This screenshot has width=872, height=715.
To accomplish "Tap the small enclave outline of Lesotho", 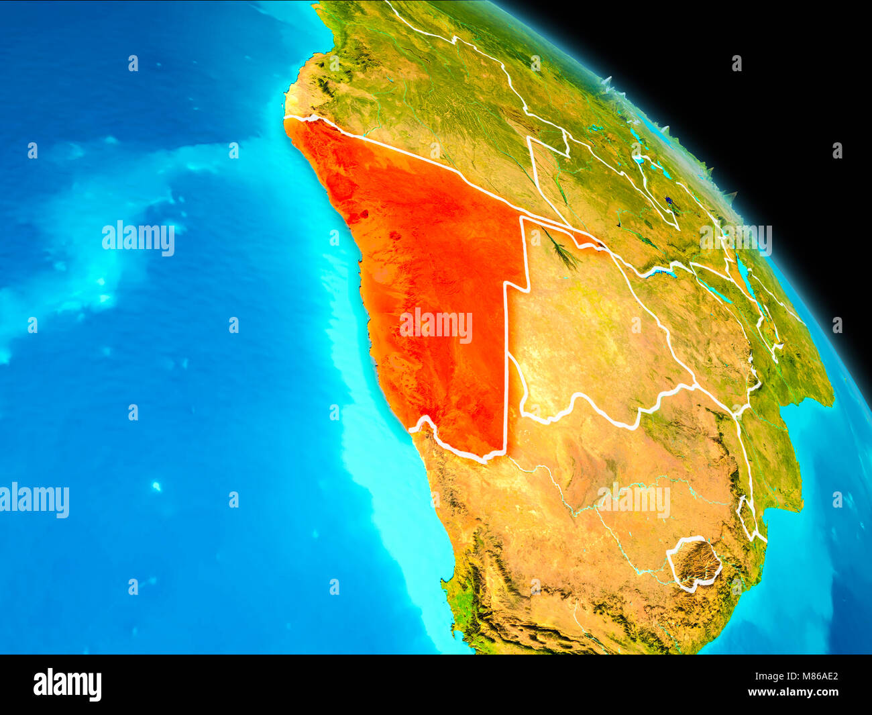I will point(695,563).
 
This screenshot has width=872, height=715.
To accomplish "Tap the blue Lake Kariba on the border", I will point(661,273).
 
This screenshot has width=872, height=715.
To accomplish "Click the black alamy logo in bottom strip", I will point(67,684).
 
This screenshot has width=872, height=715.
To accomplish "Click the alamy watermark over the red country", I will point(436,325).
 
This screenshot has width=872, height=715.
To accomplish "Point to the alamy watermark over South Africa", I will point(634,500).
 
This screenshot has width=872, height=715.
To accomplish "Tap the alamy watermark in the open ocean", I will point(138,238).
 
